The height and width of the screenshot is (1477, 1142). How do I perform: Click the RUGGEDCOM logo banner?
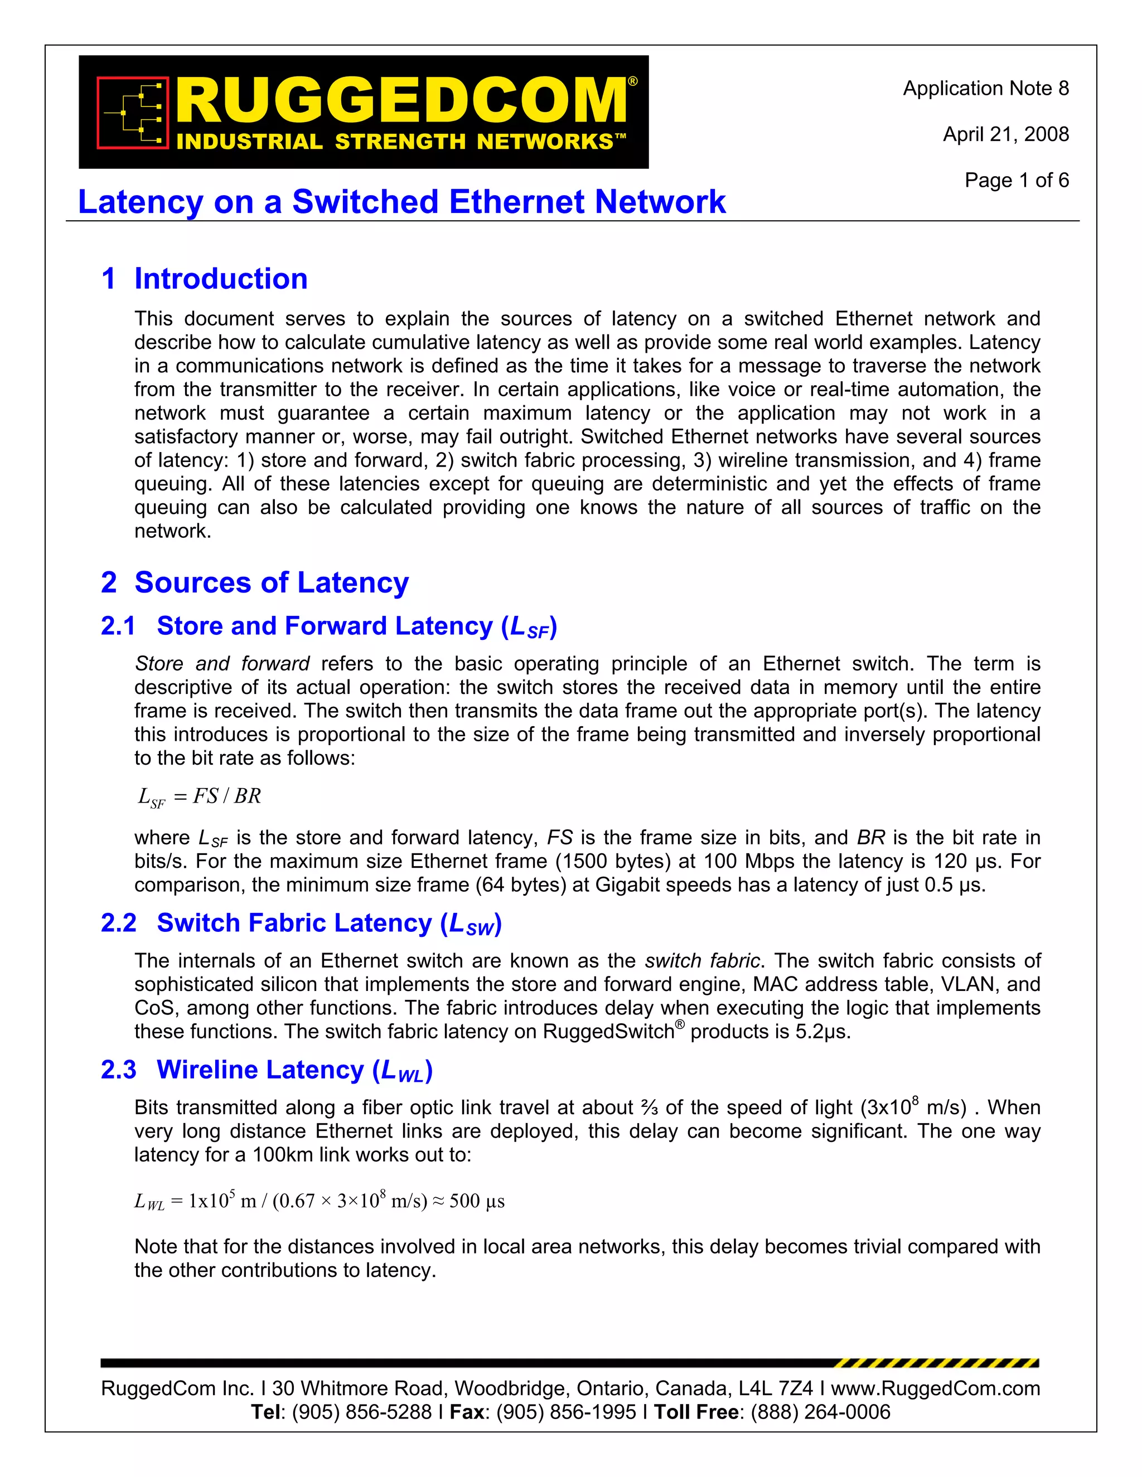pos(364,111)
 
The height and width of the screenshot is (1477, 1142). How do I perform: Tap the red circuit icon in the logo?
pos(133,111)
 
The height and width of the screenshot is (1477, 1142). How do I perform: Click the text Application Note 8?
pos(985,89)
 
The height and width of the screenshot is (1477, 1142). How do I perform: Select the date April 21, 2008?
pos(1005,134)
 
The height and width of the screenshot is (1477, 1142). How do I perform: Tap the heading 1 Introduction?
pos(204,279)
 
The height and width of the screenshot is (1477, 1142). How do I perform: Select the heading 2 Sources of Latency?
pos(254,582)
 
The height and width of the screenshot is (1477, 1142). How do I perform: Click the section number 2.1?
pos(118,626)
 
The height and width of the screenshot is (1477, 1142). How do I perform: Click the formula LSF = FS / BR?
pos(199,796)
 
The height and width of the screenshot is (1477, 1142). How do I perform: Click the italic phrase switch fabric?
pos(702,961)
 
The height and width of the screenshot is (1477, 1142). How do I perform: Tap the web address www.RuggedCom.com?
pos(935,1388)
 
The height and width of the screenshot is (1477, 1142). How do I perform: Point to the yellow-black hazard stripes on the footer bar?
pos(936,1363)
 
